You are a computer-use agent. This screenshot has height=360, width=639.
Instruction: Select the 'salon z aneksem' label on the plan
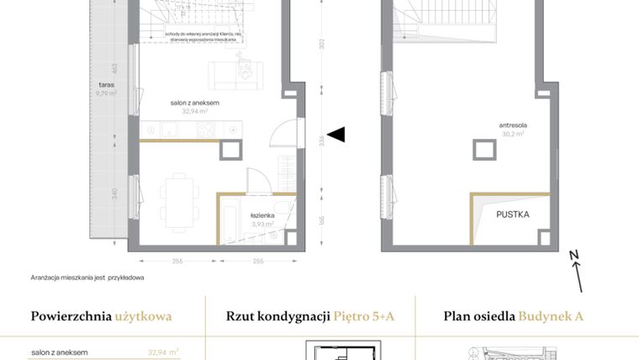[x=194, y=103]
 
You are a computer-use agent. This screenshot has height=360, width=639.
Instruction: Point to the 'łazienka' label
[x=263, y=215]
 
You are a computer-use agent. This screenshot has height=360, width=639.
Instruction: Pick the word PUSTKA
[x=513, y=214]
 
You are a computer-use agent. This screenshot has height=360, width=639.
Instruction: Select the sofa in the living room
[x=236, y=75]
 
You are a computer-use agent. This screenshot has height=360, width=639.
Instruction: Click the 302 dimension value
[x=321, y=45]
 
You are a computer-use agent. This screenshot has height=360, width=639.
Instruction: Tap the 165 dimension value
[x=321, y=221]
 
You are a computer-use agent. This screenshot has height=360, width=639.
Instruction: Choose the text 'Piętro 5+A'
[x=363, y=317]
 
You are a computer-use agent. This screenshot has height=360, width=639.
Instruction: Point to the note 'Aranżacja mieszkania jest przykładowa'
[x=87, y=277]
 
